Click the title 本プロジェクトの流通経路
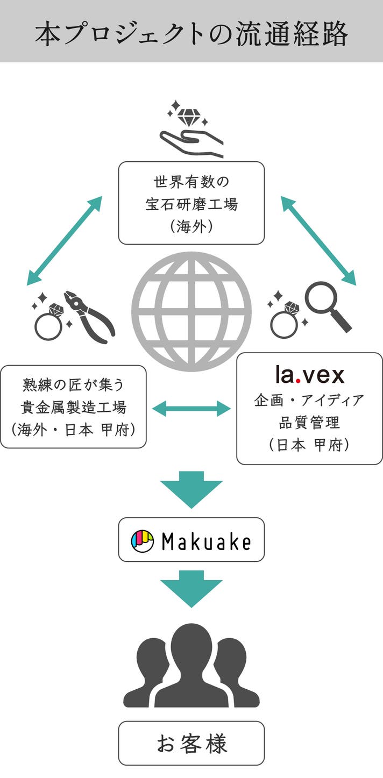coord(191,34)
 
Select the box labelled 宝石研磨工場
coord(191,203)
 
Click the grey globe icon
coord(191,311)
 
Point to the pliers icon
coord(90,317)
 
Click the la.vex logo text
coord(309,375)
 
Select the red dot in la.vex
coord(297,381)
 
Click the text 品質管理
coord(309,423)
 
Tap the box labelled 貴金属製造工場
coord(73,406)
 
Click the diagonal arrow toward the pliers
coord(64,240)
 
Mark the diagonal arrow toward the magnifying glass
coord(318,240)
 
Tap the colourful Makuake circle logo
coord(142,540)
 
